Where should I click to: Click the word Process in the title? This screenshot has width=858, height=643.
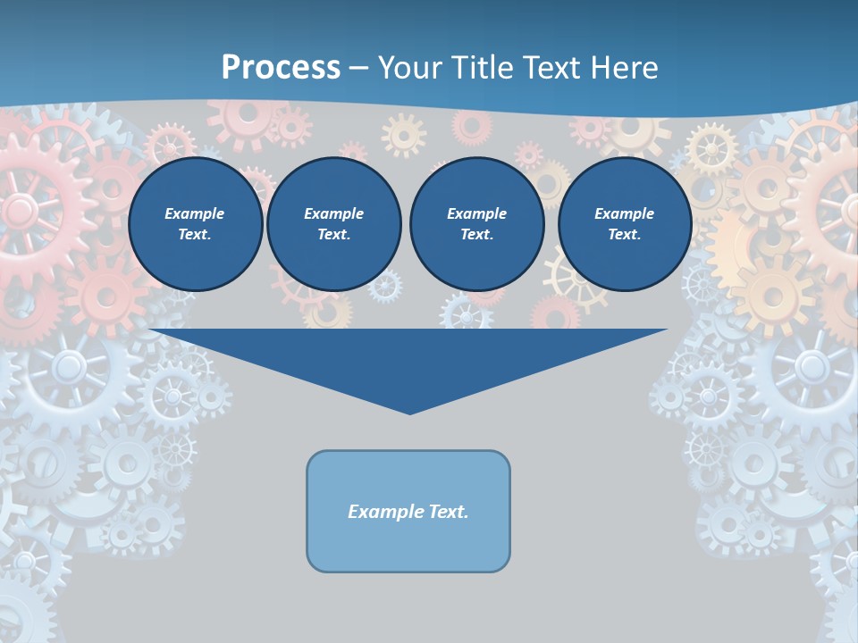click(281, 68)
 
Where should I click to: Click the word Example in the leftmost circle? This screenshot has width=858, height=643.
click(195, 213)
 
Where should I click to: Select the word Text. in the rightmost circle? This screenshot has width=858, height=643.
click(625, 235)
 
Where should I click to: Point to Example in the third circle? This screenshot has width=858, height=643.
click(476, 213)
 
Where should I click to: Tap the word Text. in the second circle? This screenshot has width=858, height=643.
click(334, 235)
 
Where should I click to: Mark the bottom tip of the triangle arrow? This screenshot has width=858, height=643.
click(409, 412)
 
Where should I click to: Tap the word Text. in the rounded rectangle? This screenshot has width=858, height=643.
click(450, 512)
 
